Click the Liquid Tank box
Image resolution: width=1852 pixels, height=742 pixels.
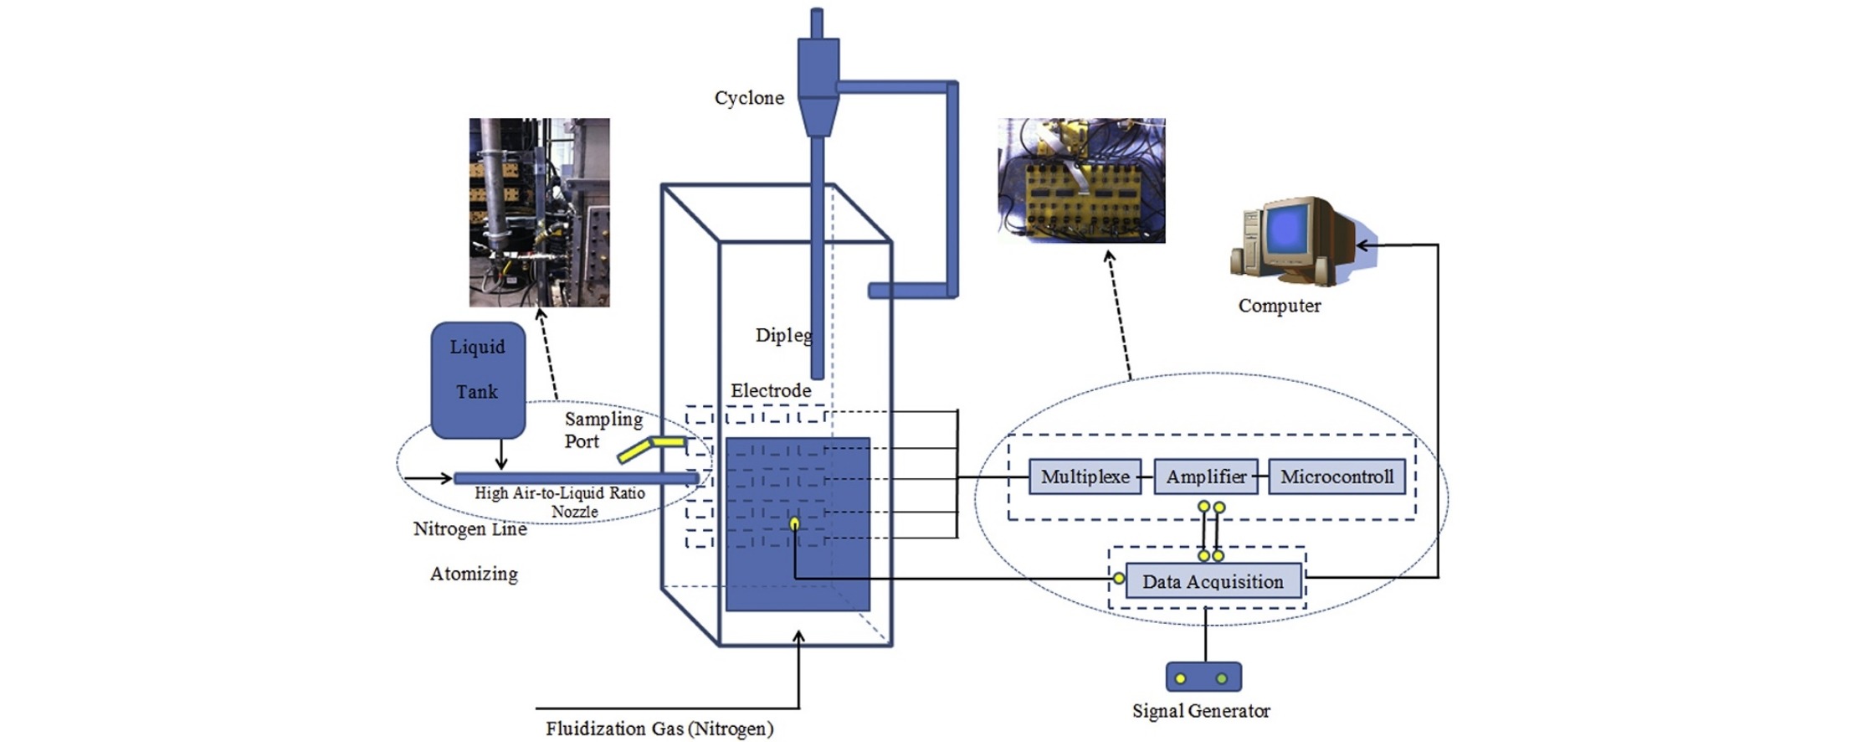pos(478,380)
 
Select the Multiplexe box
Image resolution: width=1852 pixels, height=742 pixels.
pos(1085,477)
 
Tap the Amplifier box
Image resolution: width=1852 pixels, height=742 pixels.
pos(1206,477)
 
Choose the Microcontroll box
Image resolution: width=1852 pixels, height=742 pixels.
pos(1336,477)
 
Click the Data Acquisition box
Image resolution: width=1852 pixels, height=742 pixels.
pos(1213,580)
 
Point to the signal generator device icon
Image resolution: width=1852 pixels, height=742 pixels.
pos(1203,677)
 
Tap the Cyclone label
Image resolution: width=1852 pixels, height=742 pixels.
pos(749,98)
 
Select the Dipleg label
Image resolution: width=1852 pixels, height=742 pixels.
pos(783,335)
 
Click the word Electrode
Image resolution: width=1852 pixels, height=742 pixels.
pos(771,390)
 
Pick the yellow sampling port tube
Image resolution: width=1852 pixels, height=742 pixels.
pos(651,448)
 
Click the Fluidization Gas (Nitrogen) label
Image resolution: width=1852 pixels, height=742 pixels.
pos(659,729)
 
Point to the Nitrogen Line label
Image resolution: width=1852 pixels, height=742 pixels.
pos(470,529)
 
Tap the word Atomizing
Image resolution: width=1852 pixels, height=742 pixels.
pos(474,574)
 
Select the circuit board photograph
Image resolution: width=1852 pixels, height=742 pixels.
pos(1081,181)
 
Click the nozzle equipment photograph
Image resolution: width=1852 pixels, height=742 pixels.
pos(539,213)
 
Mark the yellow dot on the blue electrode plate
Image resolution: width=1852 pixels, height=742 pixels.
pos(794,524)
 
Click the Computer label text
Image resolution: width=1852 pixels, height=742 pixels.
pos(1280,306)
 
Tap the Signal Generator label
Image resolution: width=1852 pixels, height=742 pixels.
pos(1201,711)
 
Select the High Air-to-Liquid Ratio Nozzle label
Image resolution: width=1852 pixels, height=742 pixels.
pos(560,502)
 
